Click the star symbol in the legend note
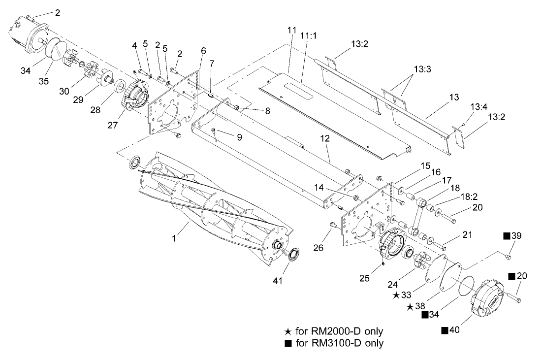pyautogui.click(x=288, y=331)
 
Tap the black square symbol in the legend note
pyautogui.click(x=288, y=343)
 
